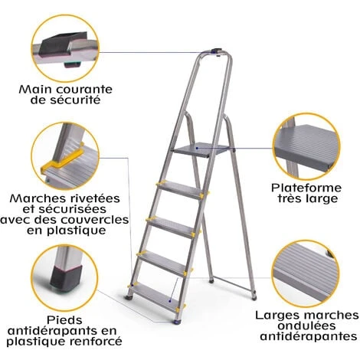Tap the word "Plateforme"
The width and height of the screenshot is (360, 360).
[x=306, y=188]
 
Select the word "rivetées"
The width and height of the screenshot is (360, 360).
[x=93, y=198]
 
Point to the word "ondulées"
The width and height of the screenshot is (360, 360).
[x=306, y=326]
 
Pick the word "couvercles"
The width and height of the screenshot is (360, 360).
[x=96, y=220]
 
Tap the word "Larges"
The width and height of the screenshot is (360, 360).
[x=275, y=316]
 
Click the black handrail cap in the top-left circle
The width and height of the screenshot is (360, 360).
[x=64, y=44]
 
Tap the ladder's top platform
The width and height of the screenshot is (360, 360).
[x=201, y=151]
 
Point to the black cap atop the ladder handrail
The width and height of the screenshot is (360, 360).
[x=216, y=51]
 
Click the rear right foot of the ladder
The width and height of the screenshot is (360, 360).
[x=254, y=297]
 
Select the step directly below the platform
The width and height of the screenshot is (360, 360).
[x=182, y=190]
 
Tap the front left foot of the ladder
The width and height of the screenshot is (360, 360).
[x=129, y=297]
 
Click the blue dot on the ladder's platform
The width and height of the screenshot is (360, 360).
[x=197, y=148]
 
